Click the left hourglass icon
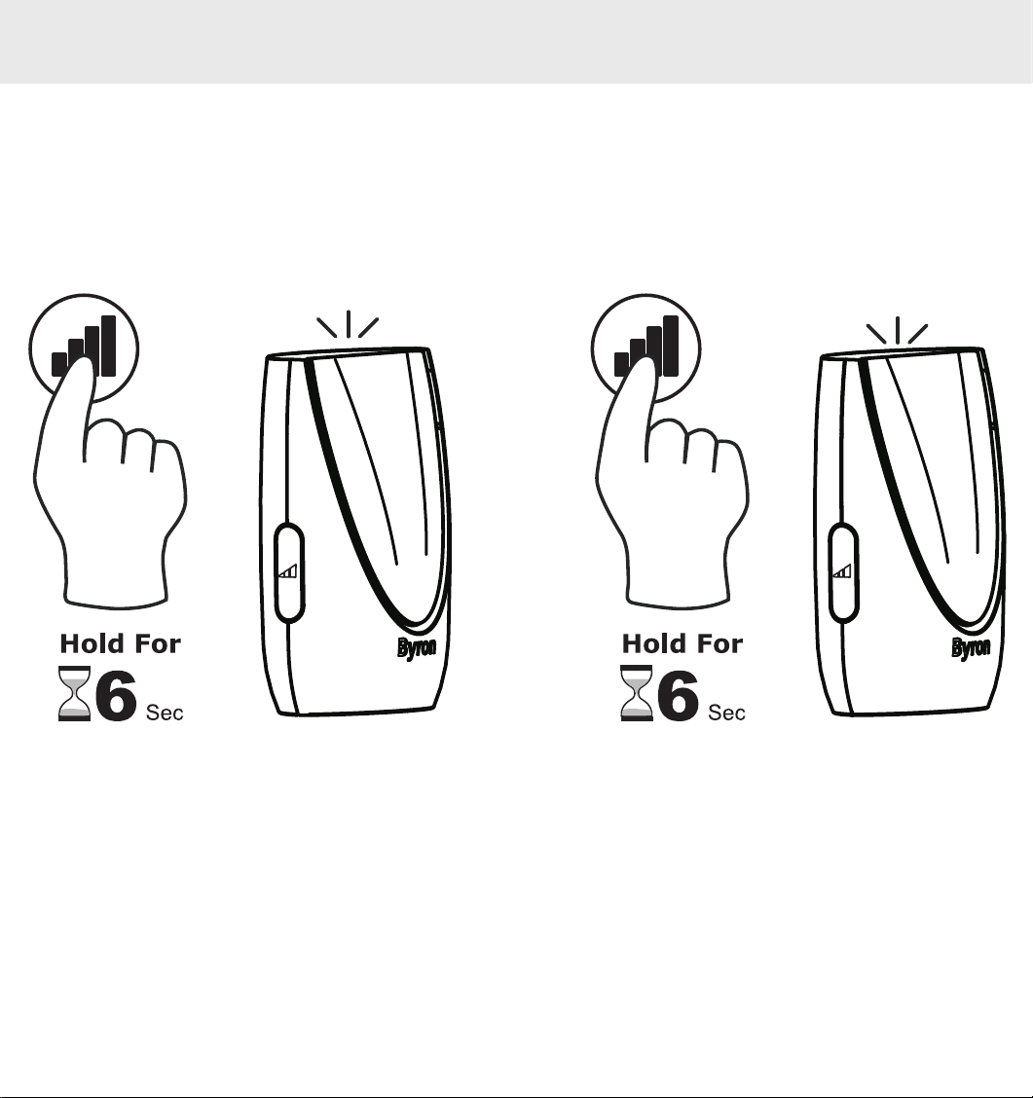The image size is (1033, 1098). tap(74, 693)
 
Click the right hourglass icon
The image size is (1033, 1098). tap(637, 693)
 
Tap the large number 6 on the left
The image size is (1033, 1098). tap(116, 695)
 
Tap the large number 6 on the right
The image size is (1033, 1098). tap(679, 695)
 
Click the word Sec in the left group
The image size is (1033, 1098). tap(165, 713)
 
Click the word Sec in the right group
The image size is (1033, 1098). tap(727, 713)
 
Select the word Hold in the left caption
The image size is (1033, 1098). tap(92, 643)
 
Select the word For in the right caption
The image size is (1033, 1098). tap(718, 643)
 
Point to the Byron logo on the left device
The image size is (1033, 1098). tap(417, 647)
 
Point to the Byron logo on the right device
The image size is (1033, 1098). tap(971, 647)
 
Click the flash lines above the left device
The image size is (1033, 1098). tap(349, 325)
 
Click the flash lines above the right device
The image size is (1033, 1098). tap(897, 331)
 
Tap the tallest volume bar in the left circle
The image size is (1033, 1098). tap(108, 346)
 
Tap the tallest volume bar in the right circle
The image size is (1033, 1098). tap(671, 346)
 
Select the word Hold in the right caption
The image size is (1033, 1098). tap(653, 643)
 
